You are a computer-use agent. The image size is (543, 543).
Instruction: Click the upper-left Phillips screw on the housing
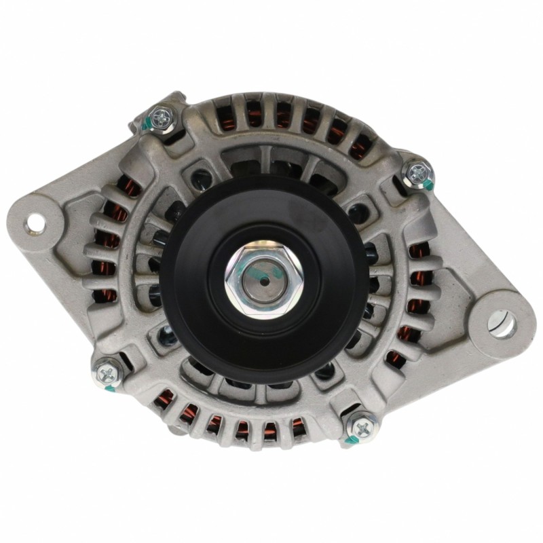(x=162, y=118)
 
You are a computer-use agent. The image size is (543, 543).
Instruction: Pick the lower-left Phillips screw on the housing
(x=108, y=371)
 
